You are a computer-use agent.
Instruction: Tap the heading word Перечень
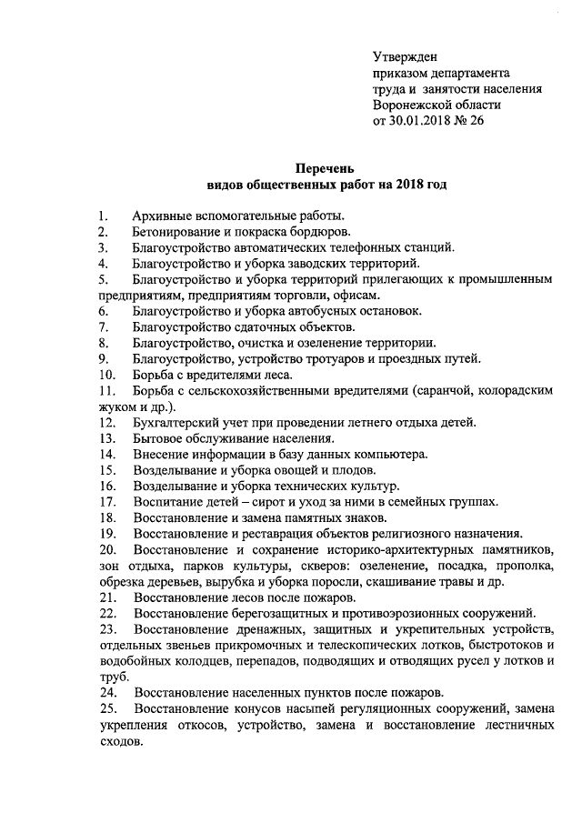(x=327, y=167)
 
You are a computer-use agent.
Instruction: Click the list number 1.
(x=103, y=216)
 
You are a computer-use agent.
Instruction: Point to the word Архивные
(x=162, y=216)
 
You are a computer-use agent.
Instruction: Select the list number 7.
(x=104, y=326)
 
